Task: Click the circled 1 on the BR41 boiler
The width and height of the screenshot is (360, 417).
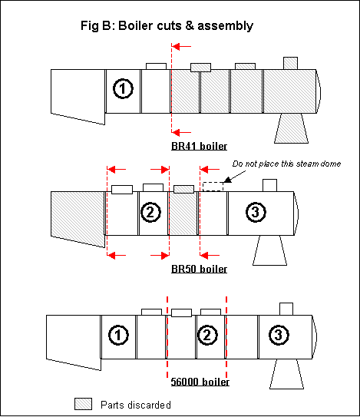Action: tap(123, 88)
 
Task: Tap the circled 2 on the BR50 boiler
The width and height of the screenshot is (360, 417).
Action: tap(150, 212)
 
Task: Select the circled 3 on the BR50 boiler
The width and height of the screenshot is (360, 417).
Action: tap(256, 212)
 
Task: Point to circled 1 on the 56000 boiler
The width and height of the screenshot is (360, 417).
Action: tap(118, 335)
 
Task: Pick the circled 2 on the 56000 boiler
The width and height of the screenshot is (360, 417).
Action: tap(207, 335)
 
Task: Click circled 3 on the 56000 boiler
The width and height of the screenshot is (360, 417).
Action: tap(279, 335)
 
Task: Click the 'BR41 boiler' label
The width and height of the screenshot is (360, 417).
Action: tap(199, 146)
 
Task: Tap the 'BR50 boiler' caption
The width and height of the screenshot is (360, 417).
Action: tap(199, 269)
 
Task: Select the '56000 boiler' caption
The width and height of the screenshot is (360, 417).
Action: tap(200, 382)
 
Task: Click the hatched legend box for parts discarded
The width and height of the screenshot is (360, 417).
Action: tap(83, 404)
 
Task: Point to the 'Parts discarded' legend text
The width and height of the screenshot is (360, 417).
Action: tap(136, 405)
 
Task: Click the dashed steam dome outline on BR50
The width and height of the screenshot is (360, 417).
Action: tap(213, 187)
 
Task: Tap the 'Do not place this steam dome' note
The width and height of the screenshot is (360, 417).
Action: tap(286, 164)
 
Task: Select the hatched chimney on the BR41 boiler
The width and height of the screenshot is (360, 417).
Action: tap(290, 63)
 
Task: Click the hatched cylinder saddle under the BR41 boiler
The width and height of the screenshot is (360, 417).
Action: tap(292, 128)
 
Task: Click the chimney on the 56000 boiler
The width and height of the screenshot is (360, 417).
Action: tap(286, 309)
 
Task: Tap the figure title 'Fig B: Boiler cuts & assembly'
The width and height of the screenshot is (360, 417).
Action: tap(167, 26)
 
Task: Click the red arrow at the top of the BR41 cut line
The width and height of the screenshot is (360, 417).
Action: tap(182, 47)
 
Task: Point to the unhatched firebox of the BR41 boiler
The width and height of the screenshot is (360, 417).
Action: tap(78, 95)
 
